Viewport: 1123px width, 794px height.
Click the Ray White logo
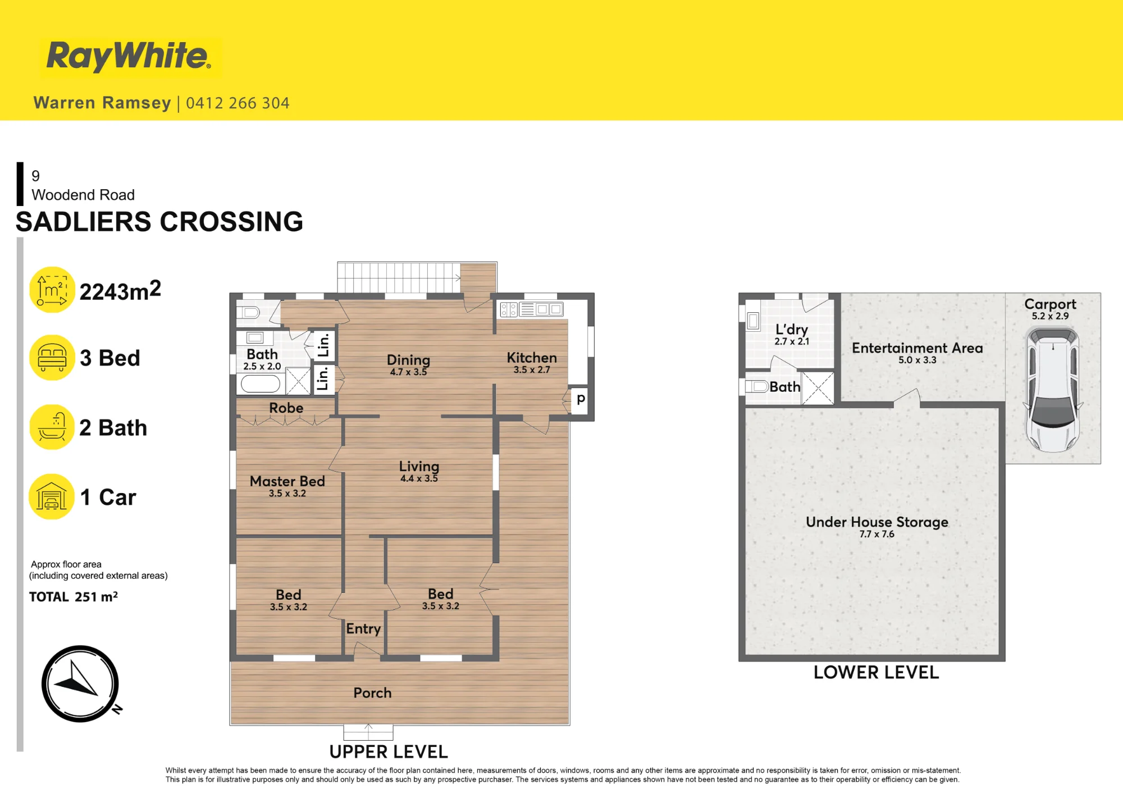click(x=129, y=56)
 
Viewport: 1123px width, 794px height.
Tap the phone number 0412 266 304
click(x=238, y=103)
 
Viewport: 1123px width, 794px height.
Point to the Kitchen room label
click(x=532, y=358)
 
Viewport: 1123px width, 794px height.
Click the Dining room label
click(x=408, y=360)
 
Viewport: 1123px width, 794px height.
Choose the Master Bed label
click(x=287, y=481)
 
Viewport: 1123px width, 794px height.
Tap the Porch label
click(x=372, y=693)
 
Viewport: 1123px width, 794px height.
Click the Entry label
click(x=363, y=629)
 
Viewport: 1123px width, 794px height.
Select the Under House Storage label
click(x=877, y=522)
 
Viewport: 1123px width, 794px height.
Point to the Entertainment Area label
click(x=917, y=348)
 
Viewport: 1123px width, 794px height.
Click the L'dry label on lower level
click(x=792, y=330)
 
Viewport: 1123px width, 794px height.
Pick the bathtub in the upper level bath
click(x=261, y=384)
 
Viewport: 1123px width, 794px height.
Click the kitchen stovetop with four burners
click(x=509, y=309)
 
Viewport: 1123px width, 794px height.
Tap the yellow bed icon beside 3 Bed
click(x=52, y=358)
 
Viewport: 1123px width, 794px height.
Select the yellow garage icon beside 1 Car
click(x=52, y=497)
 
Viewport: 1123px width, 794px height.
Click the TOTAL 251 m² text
click(x=74, y=596)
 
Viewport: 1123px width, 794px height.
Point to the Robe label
click(x=286, y=408)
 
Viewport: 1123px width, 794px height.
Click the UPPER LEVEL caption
click(x=389, y=752)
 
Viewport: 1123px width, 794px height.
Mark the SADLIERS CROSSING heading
click(x=159, y=222)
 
